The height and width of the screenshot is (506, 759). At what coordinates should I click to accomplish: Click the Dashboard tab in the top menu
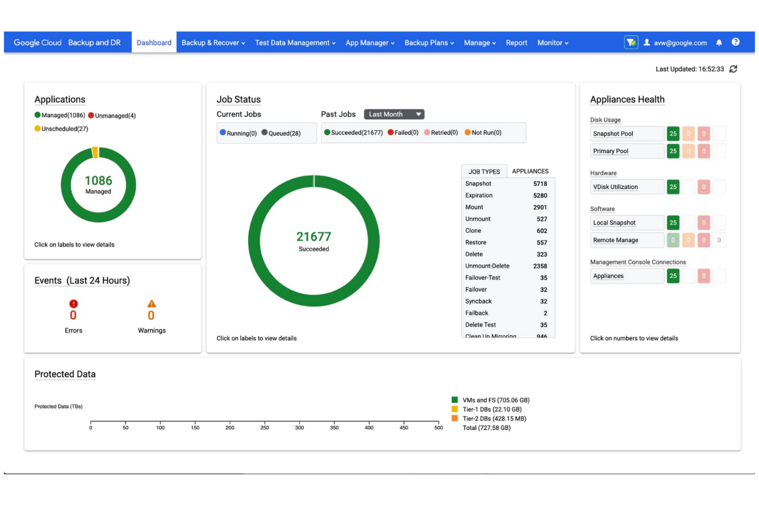pos(154,43)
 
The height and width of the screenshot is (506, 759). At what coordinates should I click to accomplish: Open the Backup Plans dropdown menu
pos(429,43)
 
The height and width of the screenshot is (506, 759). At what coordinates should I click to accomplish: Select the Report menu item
pos(516,43)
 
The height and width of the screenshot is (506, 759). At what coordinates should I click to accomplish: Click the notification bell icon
pos(719,43)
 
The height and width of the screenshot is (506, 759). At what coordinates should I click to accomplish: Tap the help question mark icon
pos(735,42)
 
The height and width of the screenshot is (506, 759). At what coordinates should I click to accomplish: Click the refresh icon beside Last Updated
pos(733,69)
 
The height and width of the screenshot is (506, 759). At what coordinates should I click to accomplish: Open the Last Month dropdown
pos(394,114)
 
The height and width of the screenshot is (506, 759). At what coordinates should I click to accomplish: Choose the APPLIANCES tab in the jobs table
pos(530,171)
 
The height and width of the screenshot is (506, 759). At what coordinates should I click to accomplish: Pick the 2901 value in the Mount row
pos(540,207)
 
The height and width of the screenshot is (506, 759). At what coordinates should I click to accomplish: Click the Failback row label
pos(476,313)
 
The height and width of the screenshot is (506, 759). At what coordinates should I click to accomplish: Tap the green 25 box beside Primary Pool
pos(673,151)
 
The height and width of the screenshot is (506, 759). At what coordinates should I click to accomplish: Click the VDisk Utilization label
pos(615,187)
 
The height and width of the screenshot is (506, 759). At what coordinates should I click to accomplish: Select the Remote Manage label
pos(615,240)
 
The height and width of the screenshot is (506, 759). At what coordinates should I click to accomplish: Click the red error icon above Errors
pos(73,303)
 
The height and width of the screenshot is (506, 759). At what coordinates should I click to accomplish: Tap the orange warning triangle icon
pos(151,303)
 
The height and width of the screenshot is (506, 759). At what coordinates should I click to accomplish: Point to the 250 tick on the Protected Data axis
pos(265,427)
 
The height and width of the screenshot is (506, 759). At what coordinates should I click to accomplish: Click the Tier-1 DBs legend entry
pos(491,409)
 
